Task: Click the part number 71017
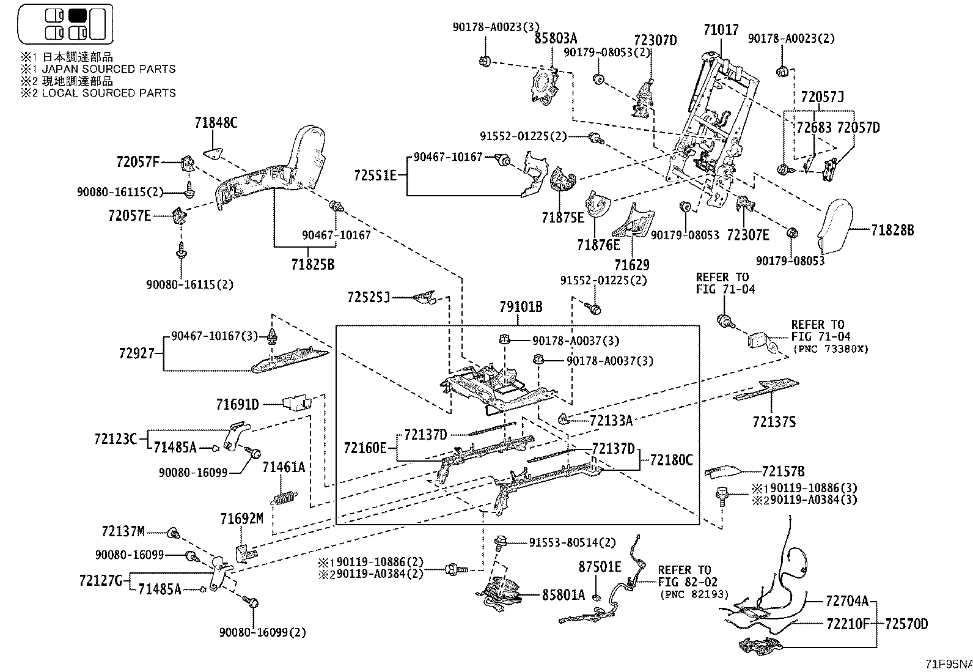[721, 29]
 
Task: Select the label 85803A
[556, 39]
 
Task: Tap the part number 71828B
[892, 230]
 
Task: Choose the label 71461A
[284, 467]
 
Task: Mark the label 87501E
[600, 567]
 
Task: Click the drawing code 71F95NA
[947, 664]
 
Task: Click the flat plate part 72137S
[766, 389]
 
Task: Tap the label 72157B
[783, 471]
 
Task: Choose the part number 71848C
[216, 123]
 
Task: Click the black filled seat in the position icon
[78, 15]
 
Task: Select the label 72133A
[611, 420]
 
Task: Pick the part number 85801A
[563, 594]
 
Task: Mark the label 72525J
[368, 297]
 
